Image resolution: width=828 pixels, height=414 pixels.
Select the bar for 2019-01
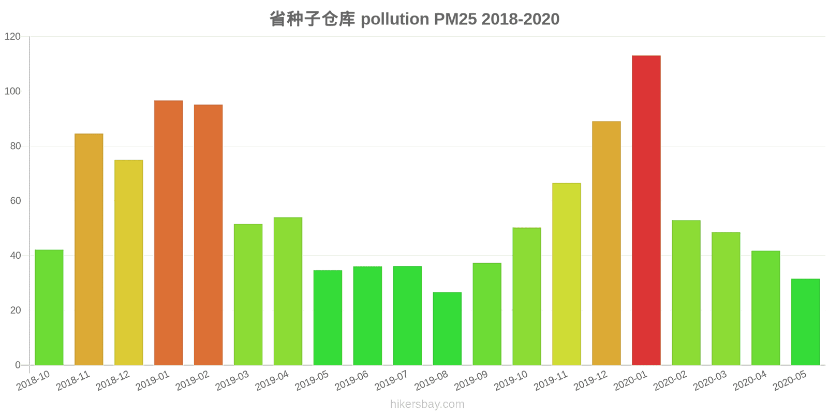click(x=168, y=233)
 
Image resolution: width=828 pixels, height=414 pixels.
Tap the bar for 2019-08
click(x=447, y=329)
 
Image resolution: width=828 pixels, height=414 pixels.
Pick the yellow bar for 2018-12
click(x=128, y=262)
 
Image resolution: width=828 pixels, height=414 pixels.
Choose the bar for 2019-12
click(x=606, y=243)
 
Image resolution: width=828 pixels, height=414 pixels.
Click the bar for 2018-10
click(x=49, y=307)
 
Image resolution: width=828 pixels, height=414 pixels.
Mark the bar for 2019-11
click(x=566, y=274)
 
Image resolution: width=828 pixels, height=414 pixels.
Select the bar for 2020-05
click(x=805, y=322)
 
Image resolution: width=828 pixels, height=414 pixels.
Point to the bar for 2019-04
click(x=288, y=291)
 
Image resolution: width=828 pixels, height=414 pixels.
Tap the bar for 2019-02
click(x=208, y=235)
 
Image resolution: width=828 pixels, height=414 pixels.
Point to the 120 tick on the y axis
click(x=12, y=37)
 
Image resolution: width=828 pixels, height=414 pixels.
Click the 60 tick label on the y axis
click(x=15, y=201)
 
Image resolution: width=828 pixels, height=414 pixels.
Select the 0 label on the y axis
click(x=18, y=365)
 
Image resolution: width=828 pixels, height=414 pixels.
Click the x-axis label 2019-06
click(x=352, y=381)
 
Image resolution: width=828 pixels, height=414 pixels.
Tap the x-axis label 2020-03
click(x=710, y=381)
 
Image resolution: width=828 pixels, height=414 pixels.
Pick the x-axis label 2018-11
click(x=73, y=381)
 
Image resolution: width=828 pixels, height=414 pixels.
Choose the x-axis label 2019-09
click(x=471, y=381)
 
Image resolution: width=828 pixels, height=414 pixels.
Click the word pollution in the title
click(x=395, y=19)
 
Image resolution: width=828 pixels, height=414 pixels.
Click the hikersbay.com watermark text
click(x=427, y=404)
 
